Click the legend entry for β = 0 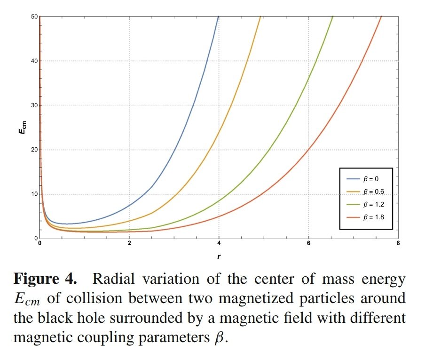(x=365, y=180)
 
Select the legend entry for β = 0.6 (x=365, y=192)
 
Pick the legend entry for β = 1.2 (x=365, y=205)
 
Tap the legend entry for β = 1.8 (x=365, y=217)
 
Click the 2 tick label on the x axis (x=129, y=244)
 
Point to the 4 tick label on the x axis (x=219, y=244)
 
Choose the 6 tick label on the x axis (x=308, y=244)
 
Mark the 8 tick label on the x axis (x=398, y=244)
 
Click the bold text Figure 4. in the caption (x=45, y=279)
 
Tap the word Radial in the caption (x=112, y=279)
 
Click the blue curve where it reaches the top (x=218, y=17)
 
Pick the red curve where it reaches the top (x=380, y=17)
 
